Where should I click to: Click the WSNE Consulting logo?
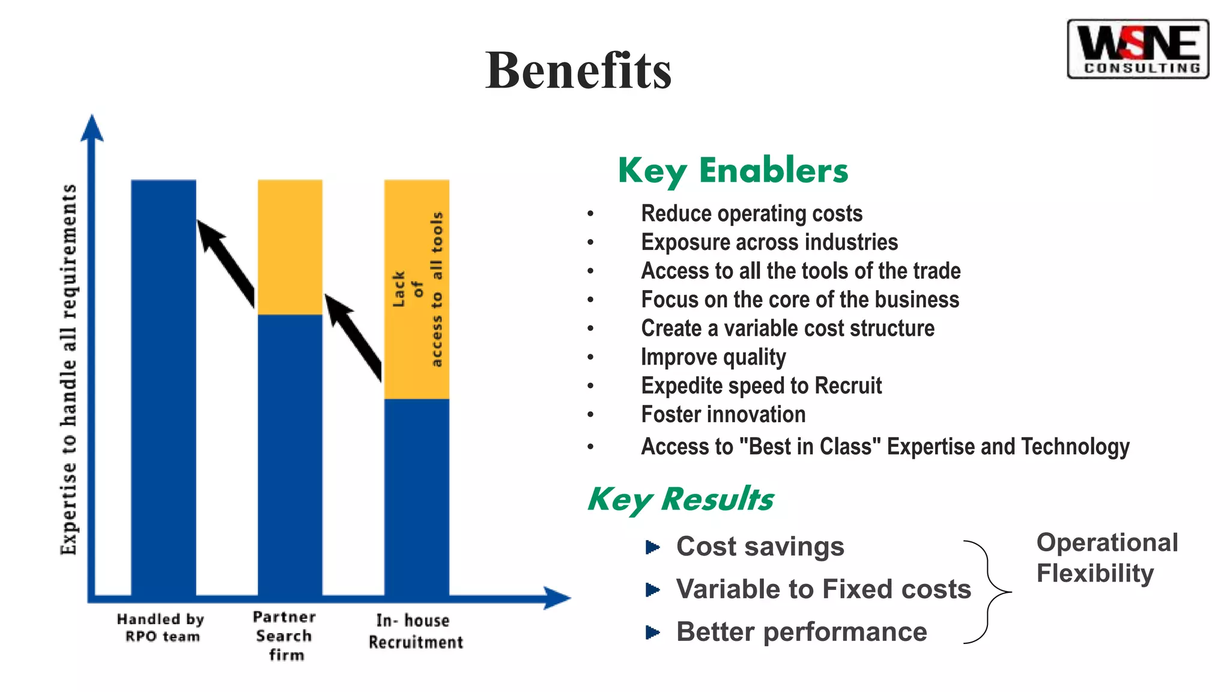(x=1138, y=49)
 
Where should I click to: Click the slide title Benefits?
(x=578, y=71)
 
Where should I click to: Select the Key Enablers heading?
(x=733, y=171)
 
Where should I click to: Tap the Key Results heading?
(x=680, y=499)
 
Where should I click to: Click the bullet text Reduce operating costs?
(x=751, y=214)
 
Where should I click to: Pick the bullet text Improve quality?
(x=713, y=357)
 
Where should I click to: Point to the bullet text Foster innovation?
(x=723, y=414)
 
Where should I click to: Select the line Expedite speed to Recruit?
(x=761, y=386)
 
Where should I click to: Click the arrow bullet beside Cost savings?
(x=652, y=547)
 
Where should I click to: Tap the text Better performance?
(x=801, y=632)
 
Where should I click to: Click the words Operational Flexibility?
(x=1106, y=557)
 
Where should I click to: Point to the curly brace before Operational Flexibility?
(x=988, y=592)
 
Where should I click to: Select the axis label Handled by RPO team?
(x=161, y=628)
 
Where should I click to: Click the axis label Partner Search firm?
(x=285, y=636)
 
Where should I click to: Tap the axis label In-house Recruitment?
(x=415, y=631)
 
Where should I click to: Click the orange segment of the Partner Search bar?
(x=290, y=246)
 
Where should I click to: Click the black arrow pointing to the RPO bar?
(x=227, y=263)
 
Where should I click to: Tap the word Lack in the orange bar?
(x=399, y=289)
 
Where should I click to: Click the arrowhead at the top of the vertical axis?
(x=92, y=128)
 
